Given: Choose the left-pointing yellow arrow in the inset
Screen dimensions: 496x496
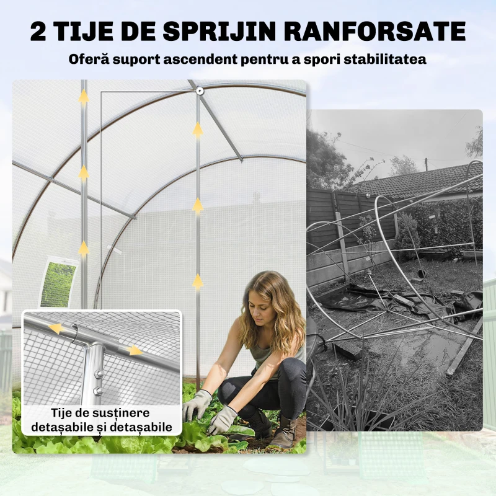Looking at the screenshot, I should (55, 328).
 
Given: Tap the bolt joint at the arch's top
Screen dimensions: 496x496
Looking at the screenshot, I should (200, 92).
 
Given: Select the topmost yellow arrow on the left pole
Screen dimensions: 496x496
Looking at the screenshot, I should (84, 97).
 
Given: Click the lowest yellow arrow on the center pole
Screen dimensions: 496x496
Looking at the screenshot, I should (198, 282).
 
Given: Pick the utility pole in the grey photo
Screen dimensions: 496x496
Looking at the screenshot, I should (427, 164).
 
